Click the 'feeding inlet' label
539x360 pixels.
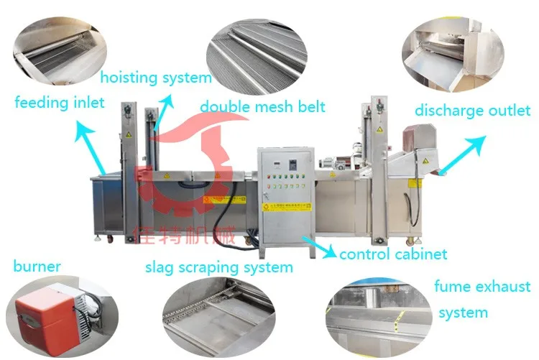59,102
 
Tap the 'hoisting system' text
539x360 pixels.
156,77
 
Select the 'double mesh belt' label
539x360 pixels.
262,106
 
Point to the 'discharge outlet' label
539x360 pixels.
472,110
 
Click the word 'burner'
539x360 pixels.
37,267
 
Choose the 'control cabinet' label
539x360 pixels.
393,254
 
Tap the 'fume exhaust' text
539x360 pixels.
482,287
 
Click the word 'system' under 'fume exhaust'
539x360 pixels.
463,313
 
